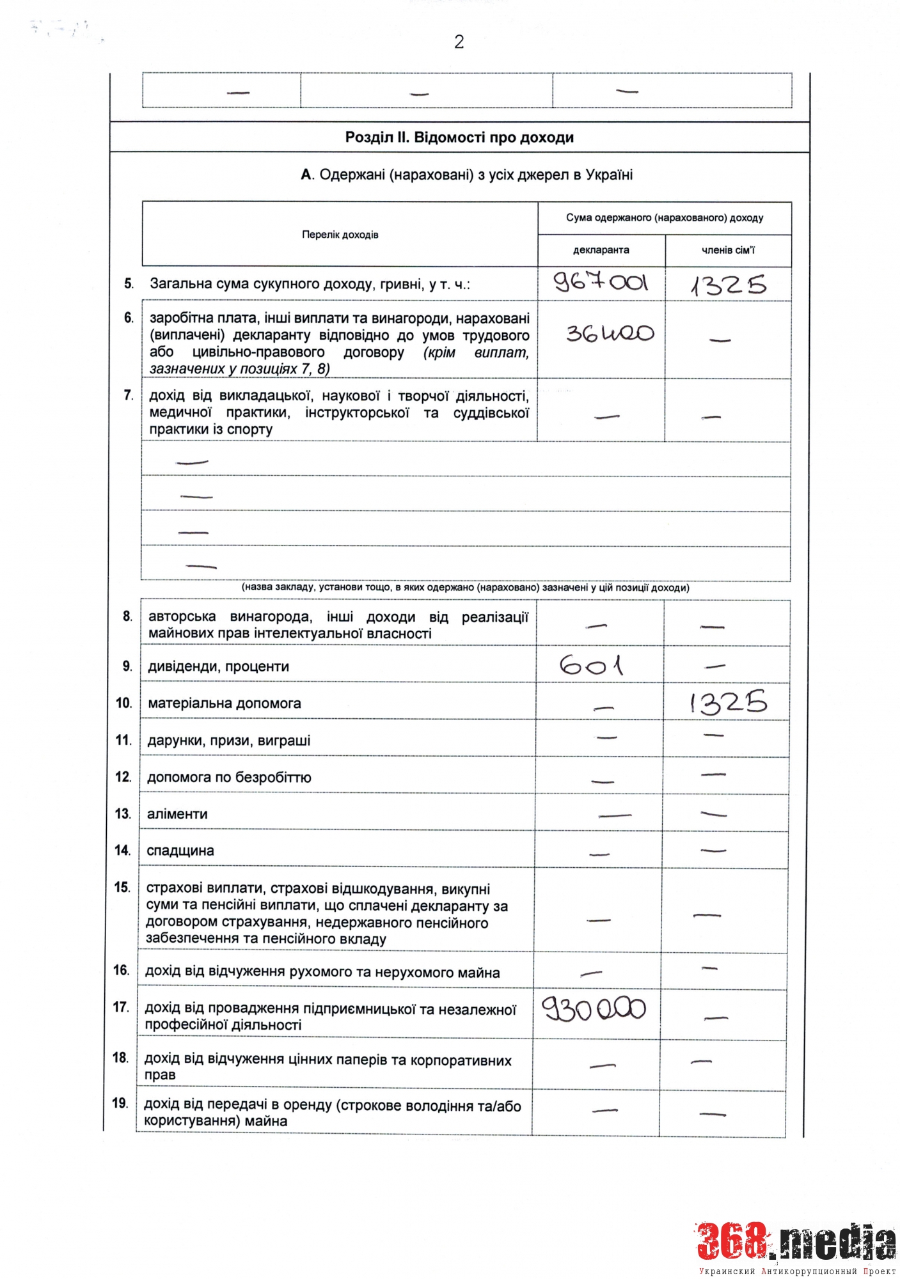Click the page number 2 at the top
point(459,42)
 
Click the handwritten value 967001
point(601,282)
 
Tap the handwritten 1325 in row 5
point(728,285)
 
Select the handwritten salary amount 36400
point(610,333)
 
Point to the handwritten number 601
point(591,666)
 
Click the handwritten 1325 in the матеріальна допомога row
point(728,702)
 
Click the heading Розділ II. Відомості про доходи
point(459,137)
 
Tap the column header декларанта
point(601,250)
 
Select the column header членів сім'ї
point(728,250)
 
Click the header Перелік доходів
point(340,235)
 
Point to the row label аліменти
point(177,814)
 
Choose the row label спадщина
point(180,851)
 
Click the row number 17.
point(120,1007)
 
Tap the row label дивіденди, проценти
point(218,666)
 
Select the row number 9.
point(127,666)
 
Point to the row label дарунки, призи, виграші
point(228,741)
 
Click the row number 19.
point(120,1103)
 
